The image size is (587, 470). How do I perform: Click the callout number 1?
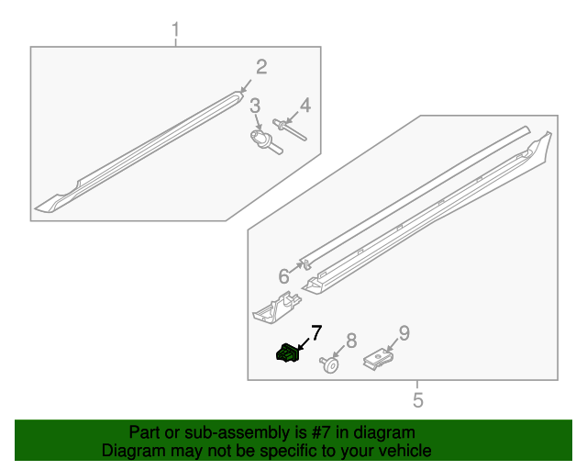[175, 29]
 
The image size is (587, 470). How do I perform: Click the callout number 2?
[261, 67]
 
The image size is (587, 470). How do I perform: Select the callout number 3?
[255, 106]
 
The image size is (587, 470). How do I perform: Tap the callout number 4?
[305, 106]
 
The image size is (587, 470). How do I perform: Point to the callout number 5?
[418, 400]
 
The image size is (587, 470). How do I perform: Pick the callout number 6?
[283, 276]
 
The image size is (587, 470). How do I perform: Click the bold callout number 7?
[316, 333]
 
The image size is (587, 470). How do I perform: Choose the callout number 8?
[351, 341]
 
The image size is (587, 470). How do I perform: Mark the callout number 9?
[404, 333]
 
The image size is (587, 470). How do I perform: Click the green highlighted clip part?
[287, 353]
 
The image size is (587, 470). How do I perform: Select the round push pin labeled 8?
[330, 364]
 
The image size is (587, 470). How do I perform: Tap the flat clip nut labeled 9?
[378, 359]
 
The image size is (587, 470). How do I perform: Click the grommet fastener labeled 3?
[265, 142]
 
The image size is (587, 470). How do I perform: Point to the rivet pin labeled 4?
[290, 129]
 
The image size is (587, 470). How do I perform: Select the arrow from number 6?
[296, 267]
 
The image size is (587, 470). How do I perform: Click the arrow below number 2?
[246, 86]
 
